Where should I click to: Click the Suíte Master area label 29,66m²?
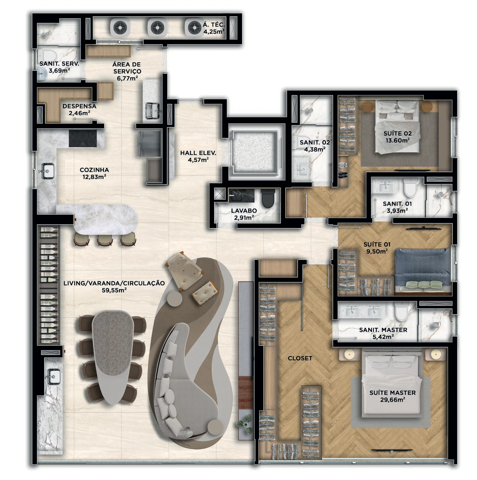[392, 400]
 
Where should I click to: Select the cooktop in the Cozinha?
[83, 138]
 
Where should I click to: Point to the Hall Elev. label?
[198, 153]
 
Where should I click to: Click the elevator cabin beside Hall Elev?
[254, 151]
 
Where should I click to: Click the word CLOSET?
[300, 358]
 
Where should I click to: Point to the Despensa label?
[79, 106]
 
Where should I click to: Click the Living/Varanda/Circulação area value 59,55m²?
[114, 290]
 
